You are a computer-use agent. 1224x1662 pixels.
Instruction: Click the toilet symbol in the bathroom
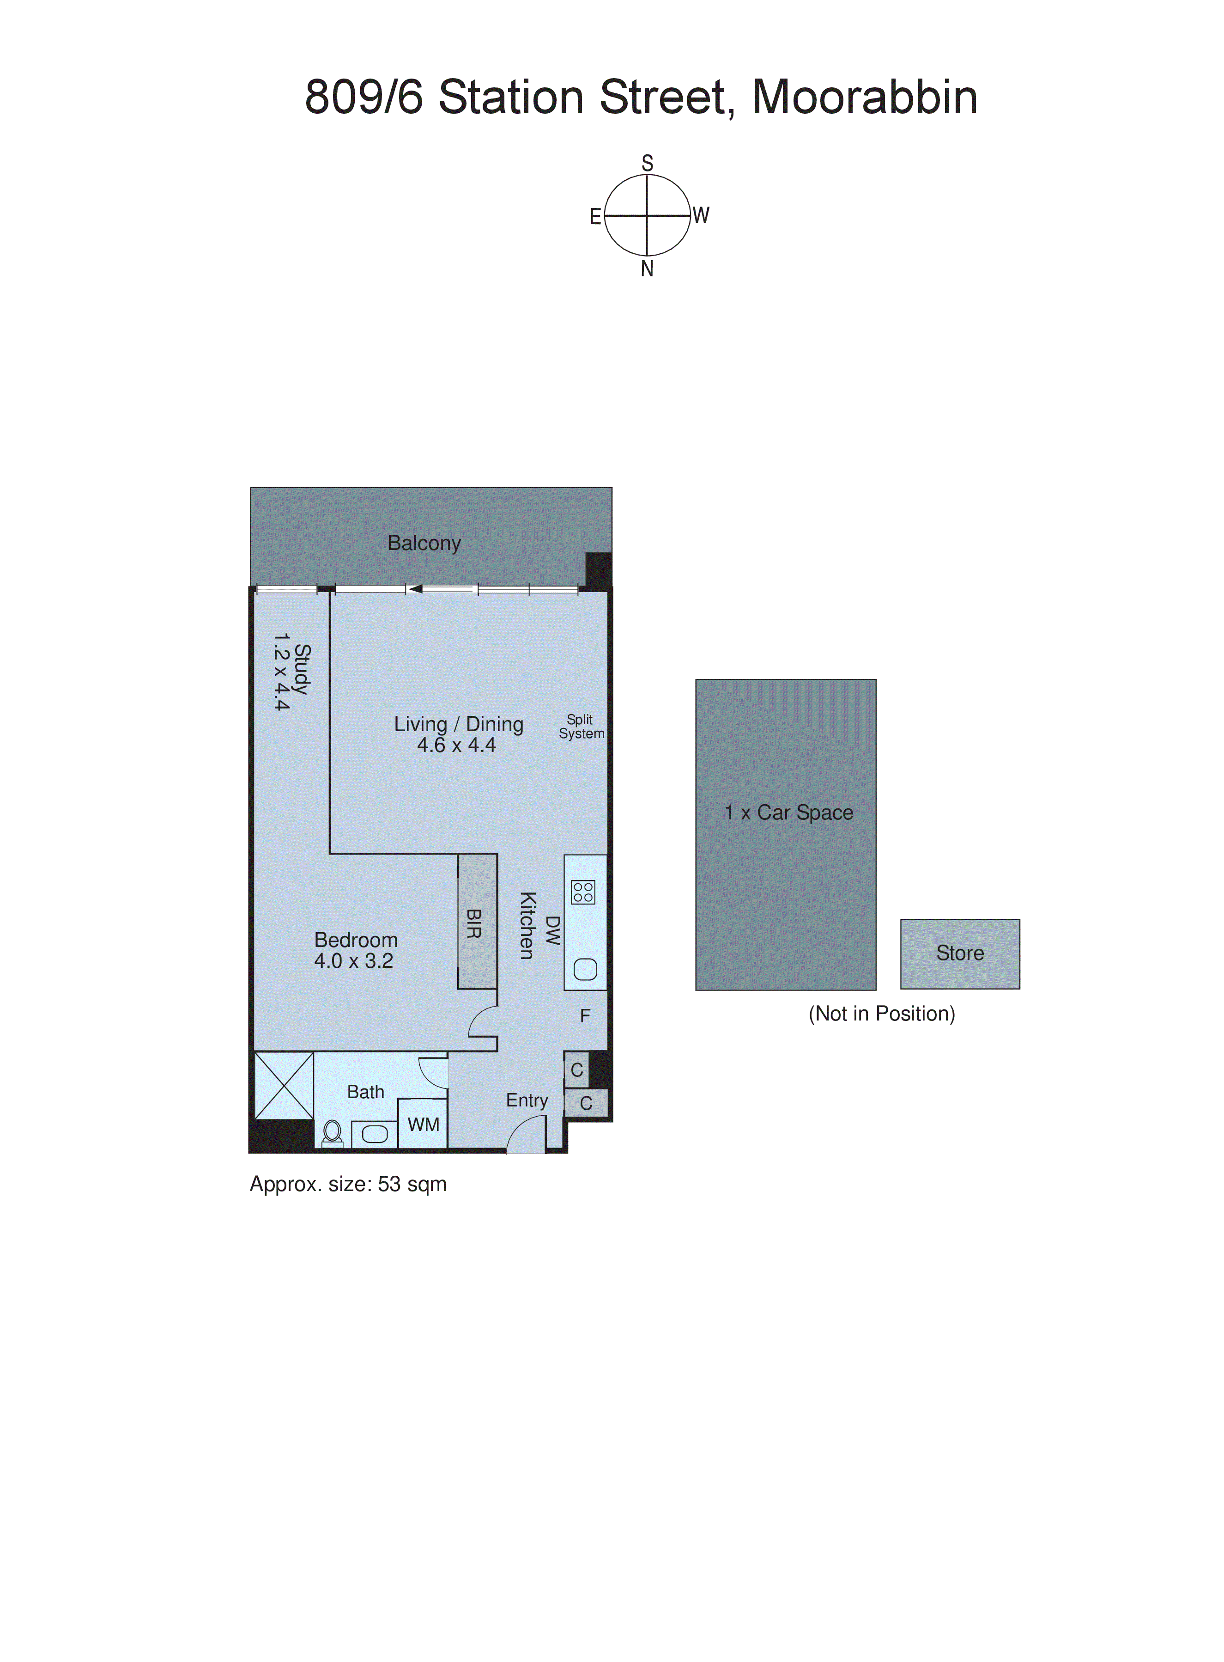pos(333,1133)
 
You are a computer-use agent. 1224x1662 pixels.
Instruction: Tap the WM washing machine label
pos(423,1124)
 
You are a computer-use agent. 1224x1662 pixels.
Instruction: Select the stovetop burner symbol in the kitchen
pos(583,892)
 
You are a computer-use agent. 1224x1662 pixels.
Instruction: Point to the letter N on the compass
pos(647,269)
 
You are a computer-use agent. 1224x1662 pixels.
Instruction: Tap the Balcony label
pos(424,544)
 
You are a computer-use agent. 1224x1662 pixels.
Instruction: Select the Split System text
pos(582,727)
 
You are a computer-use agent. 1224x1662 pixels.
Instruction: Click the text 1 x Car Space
pos(788,813)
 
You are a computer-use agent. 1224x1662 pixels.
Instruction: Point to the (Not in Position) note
pos(882,1014)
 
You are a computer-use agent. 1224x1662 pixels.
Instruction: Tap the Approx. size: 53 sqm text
pos(347,1185)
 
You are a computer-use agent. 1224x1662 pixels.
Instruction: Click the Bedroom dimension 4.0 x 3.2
pos(353,961)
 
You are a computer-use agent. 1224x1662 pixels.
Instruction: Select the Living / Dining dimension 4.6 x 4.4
pos(456,746)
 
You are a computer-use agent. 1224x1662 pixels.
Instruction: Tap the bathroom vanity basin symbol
pos(374,1134)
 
